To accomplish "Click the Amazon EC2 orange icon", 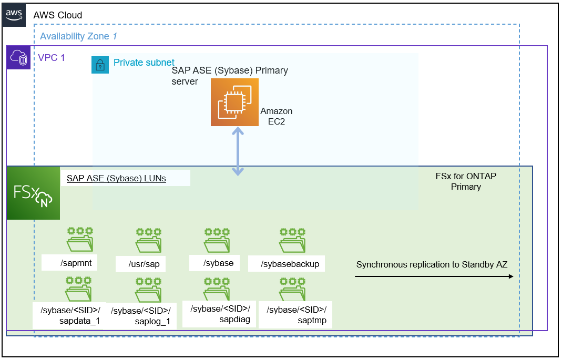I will tap(234, 102).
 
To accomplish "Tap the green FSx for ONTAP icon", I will tap(33, 193).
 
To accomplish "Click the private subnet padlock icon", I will tap(100, 65).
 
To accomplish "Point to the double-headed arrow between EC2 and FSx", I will tap(238, 151).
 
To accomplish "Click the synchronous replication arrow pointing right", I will tap(434, 276).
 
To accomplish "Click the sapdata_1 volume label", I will tap(70, 315).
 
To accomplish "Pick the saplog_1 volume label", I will tap(141, 316).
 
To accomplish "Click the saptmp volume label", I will tap(297, 315).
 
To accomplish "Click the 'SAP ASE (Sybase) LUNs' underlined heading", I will tap(116, 178).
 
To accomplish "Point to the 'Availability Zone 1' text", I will tap(78, 36).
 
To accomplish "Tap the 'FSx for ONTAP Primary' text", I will tap(466, 181).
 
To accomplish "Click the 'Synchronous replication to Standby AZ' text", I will tap(432, 264).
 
